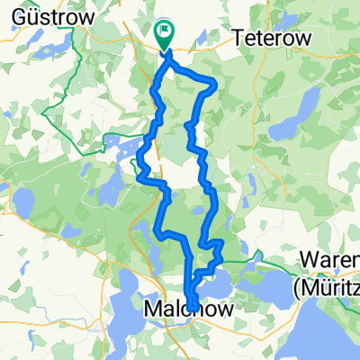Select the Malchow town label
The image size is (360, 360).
point(188,310)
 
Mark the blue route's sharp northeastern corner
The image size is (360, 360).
point(216,85)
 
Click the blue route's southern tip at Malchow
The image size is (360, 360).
point(192,292)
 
